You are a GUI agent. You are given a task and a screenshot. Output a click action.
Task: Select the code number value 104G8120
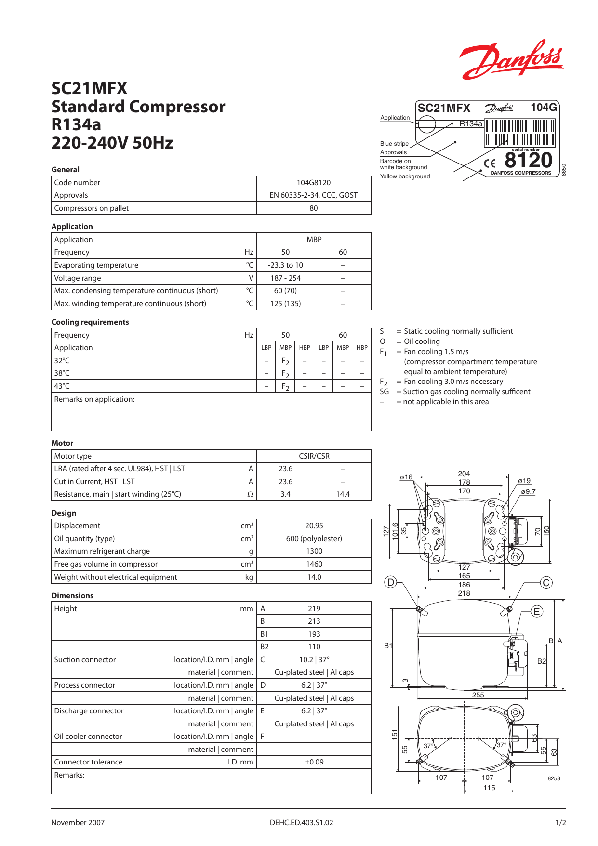[x=314, y=182]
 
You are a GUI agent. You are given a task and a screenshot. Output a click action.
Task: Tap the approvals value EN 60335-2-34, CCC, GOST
[x=314, y=195]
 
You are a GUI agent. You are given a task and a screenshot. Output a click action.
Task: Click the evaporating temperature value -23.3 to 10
[x=285, y=265]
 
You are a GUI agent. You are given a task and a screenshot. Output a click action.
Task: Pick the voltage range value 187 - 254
[x=285, y=278]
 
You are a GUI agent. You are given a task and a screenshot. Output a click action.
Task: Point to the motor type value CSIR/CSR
[x=314, y=456]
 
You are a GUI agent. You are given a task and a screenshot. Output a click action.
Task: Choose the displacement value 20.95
[x=314, y=526]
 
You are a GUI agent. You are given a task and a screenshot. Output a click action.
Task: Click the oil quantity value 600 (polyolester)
[x=314, y=539]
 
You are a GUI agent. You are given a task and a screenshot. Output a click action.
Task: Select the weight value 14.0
[x=314, y=577]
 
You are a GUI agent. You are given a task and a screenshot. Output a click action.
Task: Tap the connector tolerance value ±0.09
[x=314, y=762]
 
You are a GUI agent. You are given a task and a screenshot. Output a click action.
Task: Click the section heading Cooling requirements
[x=90, y=322]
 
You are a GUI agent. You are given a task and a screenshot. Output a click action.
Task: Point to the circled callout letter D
[x=391, y=582]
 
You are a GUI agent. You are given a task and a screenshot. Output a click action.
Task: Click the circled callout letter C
[x=546, y=583]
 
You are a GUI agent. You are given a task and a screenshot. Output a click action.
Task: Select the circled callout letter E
[x=537, y=612]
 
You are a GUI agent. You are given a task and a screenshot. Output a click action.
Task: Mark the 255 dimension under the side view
[x=478, y=695]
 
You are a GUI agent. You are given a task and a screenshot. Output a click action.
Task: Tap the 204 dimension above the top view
[x=464, y=474]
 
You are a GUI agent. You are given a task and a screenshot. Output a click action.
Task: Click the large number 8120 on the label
[x=528, y=160]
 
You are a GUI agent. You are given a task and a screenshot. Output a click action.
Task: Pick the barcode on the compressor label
[x=519, y=133]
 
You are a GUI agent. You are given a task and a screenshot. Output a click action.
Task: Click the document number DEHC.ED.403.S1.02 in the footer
[x=301, y=823]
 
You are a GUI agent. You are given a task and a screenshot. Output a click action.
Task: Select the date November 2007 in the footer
[x=78, y=823]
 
